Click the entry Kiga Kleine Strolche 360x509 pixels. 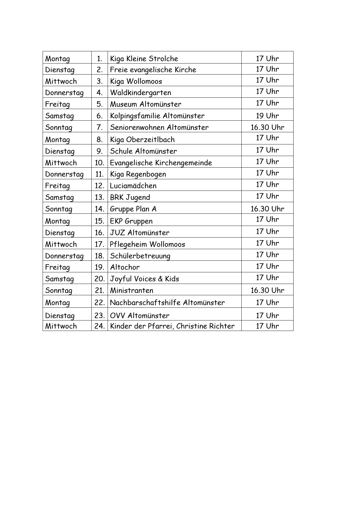[x=144, y=59]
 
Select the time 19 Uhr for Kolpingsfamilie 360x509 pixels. [x=267, y=116]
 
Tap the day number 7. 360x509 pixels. [x=100, y=127]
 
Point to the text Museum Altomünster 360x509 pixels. [x=146, y=104]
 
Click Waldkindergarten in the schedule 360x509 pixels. [x=140, y=93]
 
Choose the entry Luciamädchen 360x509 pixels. [x=133, y=186]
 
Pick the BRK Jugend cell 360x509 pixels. [x=130, y=197]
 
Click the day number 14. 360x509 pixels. [x=99, y=209]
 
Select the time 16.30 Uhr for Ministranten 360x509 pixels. [x=267, y=290]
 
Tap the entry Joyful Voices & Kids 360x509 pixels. [x=144, y=279]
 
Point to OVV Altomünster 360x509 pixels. [x=140, y=316]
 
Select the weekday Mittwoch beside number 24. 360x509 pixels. [x=61, y=326]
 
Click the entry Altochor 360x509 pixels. [x=125, y=267]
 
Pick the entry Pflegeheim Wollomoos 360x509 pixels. [x=147, y=244]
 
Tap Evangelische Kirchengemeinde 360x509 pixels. [x=161, y=163]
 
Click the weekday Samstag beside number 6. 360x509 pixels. [x=59, y=116]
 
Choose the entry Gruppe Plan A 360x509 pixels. [x=133, y=209]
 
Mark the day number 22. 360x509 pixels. [x=99, y=302]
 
